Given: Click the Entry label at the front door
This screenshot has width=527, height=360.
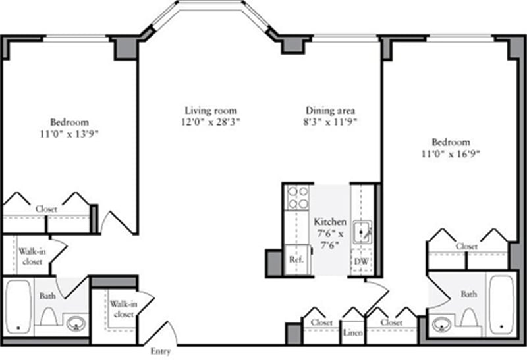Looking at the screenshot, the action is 160,351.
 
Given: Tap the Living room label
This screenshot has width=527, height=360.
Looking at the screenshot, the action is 211,111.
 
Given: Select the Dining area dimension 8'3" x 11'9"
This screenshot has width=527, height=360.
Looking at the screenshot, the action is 329,122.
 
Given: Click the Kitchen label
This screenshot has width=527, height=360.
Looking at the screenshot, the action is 330,222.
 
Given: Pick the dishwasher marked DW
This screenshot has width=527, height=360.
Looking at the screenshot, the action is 361,261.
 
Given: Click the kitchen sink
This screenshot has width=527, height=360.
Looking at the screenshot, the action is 362,232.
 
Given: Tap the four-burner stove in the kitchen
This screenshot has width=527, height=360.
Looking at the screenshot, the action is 298,198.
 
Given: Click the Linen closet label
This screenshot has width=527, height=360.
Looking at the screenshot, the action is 352,333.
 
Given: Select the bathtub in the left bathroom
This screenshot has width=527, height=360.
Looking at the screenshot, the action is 18,307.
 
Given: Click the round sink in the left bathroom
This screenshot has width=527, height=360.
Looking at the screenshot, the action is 76,324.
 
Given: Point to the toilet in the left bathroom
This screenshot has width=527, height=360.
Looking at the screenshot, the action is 49,317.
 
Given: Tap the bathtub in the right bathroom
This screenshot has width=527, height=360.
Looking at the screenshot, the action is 501,305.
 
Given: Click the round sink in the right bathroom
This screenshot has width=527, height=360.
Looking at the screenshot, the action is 441,324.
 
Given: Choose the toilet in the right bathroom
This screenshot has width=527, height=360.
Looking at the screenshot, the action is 469,317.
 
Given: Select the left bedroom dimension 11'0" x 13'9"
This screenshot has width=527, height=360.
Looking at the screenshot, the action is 69,134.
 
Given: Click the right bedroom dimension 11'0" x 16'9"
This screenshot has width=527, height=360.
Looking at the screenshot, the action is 451,154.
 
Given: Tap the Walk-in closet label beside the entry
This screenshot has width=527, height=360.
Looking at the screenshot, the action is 124,309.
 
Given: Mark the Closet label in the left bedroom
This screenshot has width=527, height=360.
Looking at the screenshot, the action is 46,209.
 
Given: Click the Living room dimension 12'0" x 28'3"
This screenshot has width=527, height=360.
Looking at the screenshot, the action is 211,122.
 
